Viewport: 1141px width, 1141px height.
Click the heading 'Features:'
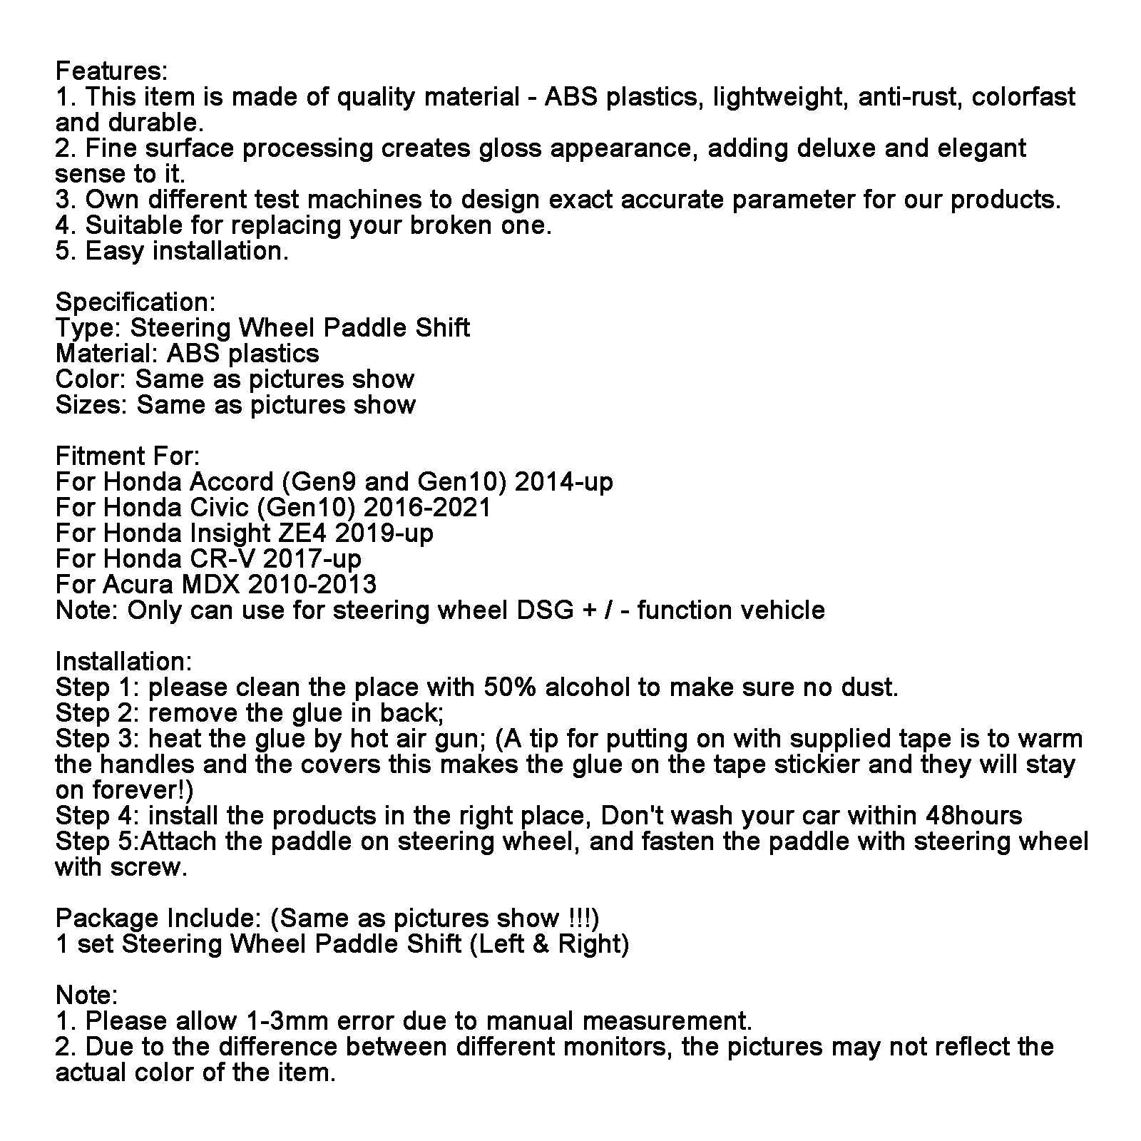tap(111, 71)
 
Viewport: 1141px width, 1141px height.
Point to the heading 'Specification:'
tap(135, 302)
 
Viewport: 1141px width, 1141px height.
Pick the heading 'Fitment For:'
tap(128, 456)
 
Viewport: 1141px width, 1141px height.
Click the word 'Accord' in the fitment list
tap(231, 481)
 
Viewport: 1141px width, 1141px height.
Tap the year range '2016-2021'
tap(427, 507)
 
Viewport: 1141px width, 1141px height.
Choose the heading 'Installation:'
tap(124, 661)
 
